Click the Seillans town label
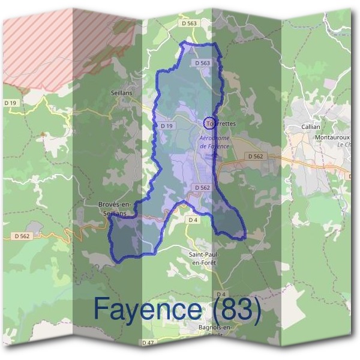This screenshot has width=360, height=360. pos(121,93)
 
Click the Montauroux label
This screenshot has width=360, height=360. pos(331,137)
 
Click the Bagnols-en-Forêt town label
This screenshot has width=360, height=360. pos(214,329)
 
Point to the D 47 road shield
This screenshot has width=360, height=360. pos(148,342)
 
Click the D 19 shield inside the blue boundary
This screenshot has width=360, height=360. pos(167,126)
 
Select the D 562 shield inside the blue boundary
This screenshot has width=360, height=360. pos(202,188)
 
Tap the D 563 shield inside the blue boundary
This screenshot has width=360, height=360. pos(202,63)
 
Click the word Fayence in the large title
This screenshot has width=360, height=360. pos(147,310)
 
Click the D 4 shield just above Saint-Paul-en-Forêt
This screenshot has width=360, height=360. pos(193,220)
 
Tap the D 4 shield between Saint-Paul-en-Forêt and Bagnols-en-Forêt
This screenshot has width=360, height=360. pos(220,294)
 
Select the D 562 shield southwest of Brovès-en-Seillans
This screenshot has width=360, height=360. pos(21,236)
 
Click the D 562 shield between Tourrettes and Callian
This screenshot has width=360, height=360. pos(255,156)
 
